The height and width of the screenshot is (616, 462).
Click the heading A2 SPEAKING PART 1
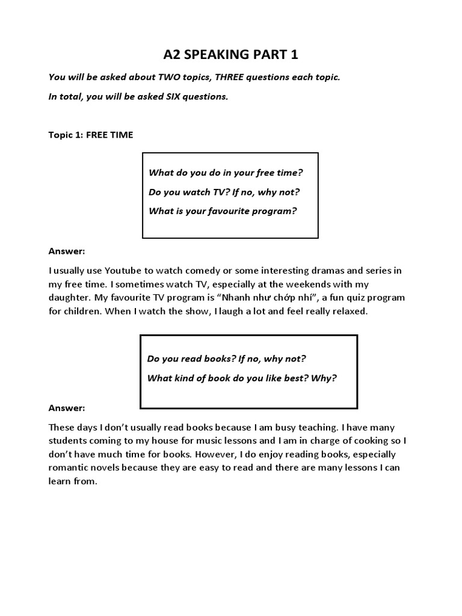pos(231,55)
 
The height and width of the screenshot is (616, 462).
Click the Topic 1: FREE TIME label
pos(90,135)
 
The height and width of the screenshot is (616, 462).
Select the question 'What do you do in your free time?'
pos(226,173)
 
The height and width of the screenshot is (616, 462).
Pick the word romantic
pos(68,468)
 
